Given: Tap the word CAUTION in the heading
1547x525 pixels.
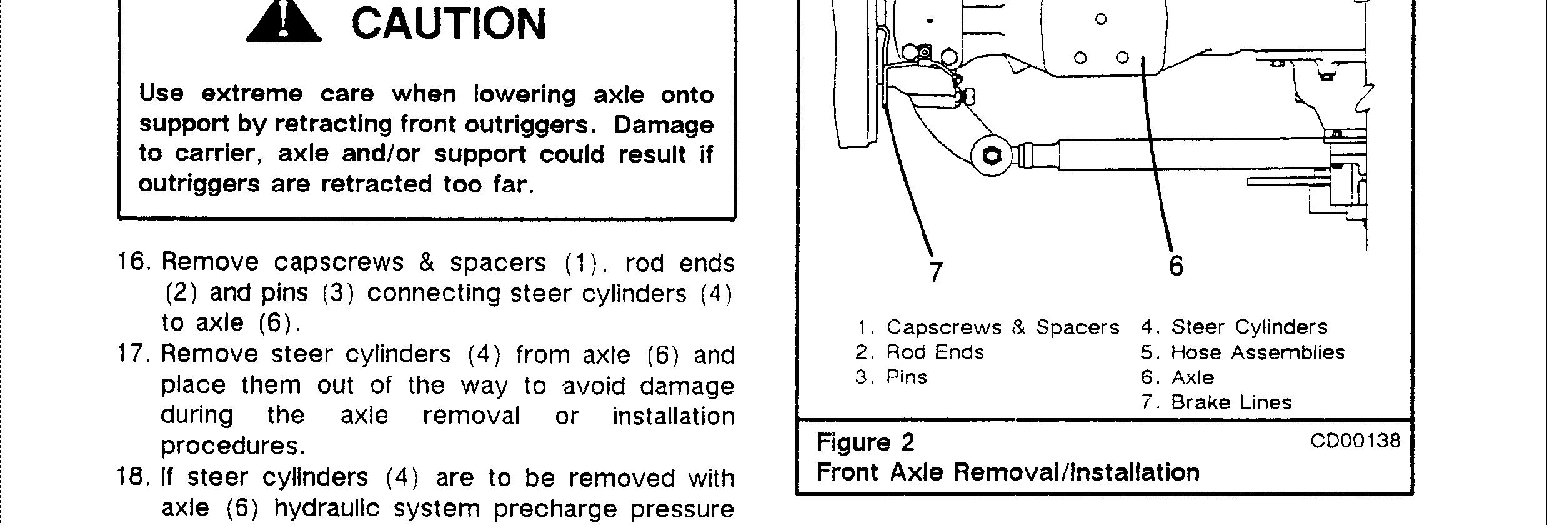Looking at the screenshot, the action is (449, 24).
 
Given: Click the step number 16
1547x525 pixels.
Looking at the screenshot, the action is (134, 262).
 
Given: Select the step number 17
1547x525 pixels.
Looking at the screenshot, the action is (134, 354).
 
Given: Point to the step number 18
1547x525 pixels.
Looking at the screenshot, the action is (134, 478).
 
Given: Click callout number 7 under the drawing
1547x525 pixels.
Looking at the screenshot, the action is (935, 272).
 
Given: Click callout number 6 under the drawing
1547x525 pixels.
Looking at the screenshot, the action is (1176, 266).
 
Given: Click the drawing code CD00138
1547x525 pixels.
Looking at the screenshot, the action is (1355, 441).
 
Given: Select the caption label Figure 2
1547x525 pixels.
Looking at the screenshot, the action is (865, 443).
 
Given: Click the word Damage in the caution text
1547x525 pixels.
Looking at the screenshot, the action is (664, 125).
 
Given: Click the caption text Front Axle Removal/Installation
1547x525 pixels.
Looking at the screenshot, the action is (1008, 472).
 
